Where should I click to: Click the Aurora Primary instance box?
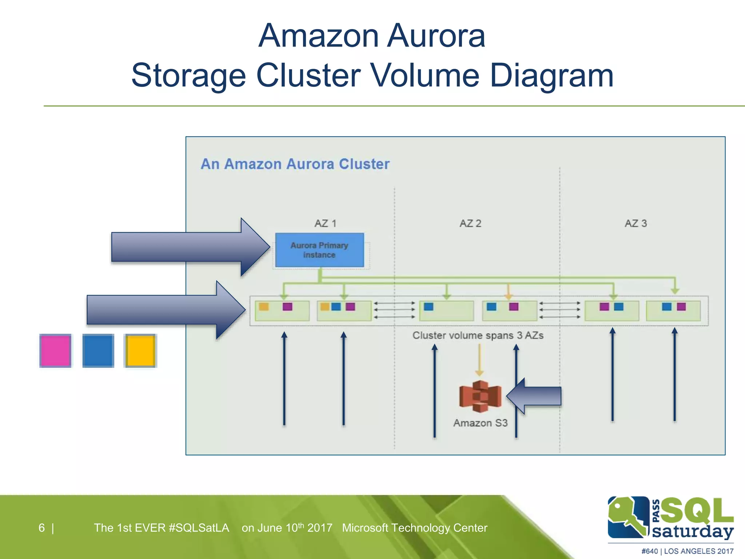pos(319,250)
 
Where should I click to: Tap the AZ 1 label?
pos(325,223)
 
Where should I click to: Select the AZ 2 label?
pos(470,223)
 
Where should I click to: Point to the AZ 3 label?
pos(636,223)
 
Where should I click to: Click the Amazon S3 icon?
pos(480,397)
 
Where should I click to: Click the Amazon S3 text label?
pos(480,423)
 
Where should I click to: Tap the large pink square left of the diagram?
pos(55,351)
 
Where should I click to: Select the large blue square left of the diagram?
pos(98,351)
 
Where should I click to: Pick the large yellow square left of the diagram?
pos(140,351)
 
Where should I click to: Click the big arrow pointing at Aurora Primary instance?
pos(189,247)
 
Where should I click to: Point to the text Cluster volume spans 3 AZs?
pos(478,336)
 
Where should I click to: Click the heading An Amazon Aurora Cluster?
pos(295,164)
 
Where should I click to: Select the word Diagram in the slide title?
pos(551,75)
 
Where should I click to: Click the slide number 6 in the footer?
pos(42,528)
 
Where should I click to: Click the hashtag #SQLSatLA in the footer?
pos(199,528)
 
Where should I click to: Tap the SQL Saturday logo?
pos(670,519)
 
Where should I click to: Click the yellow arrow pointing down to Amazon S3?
pos(479,360)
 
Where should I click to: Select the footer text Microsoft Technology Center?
pos(414,528)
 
